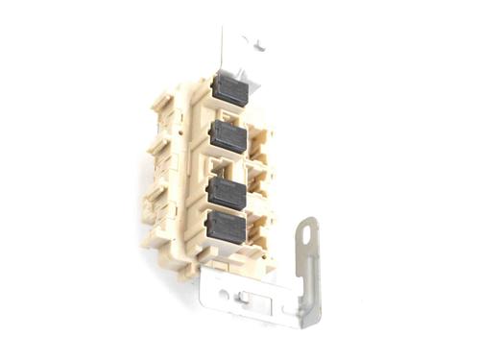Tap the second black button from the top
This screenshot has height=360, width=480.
pyautogui.click(x=228, y=137)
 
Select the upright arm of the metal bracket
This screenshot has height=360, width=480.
pyautogui.click(x=307, y=259)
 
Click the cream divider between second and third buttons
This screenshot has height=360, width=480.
pyautogui.click(x=228, y=164)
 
